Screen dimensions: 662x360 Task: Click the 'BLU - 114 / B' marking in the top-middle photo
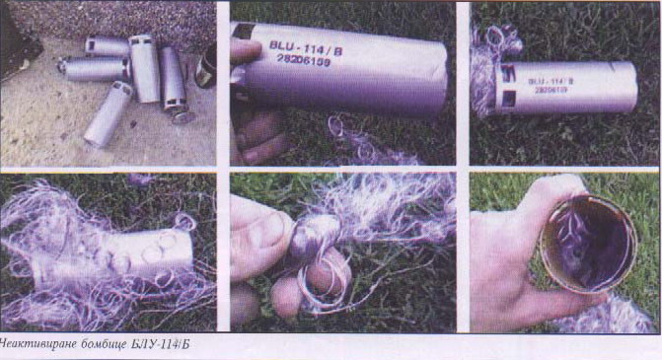pyautogui.click(x=306, y=46)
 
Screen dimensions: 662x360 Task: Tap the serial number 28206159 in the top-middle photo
pyautogui.click(x=304, y=60)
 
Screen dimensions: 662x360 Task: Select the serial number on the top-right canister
pyautogui.click(x=551, y=90)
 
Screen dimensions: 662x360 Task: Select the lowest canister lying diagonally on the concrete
pyautogui.click(x=109, y=113)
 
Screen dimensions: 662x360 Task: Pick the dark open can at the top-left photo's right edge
pyautogui.click(x=206, y=67)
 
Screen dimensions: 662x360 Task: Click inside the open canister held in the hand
pyautogui.click(x=588, y=245)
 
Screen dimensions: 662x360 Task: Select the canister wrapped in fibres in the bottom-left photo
pyautogui.click(x=118, y=256)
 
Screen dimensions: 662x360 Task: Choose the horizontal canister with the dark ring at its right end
pyautogui.click(x=94, y=69)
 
